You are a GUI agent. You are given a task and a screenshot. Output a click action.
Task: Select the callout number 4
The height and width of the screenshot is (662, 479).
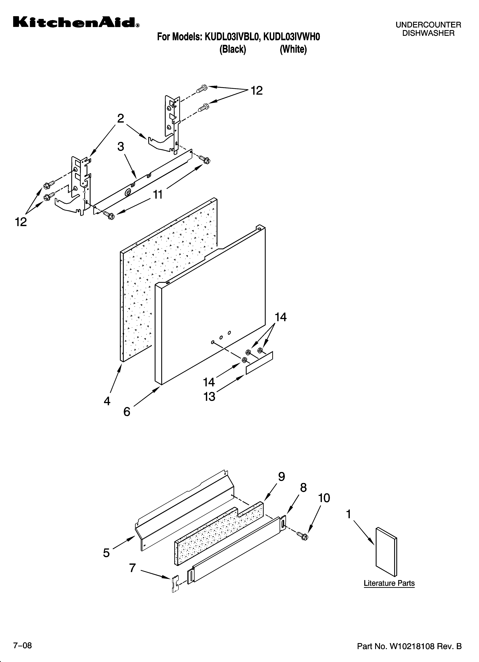point(107,401)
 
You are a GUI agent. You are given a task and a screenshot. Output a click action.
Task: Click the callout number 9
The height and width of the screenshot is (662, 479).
point(281,477)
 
